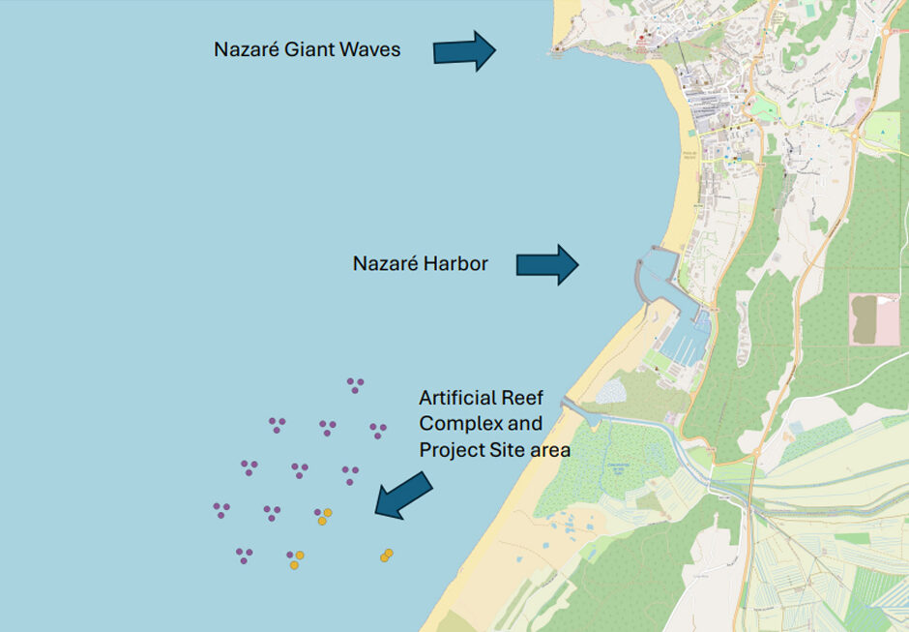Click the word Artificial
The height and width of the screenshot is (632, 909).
(x=458, y=398)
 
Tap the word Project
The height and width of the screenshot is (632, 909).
(x=452, y=450)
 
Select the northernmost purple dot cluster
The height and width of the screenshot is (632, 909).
(x=355, y=384)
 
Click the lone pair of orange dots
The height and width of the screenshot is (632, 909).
(x=386, y=556)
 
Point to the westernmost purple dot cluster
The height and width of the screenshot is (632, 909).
(x=221, y=509)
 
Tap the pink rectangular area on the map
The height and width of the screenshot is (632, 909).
(x=874, y=319)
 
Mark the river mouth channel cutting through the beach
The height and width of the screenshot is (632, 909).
(x=582, y=413)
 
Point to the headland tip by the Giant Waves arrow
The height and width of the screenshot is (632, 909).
(x=556, y=49)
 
